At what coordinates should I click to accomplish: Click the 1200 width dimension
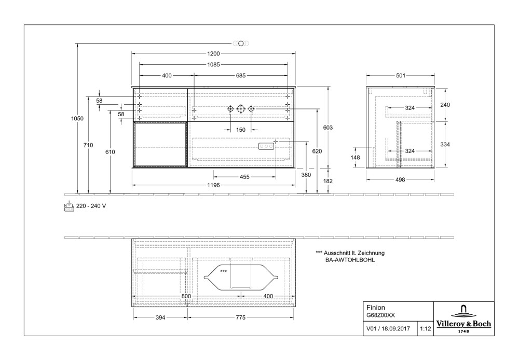click(213, 53)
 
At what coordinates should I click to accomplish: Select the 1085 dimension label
click(213, 65)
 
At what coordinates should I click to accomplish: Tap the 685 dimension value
click(241, 76)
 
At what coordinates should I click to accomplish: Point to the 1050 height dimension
click(77, 118)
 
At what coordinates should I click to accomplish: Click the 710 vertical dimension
click(89, 145)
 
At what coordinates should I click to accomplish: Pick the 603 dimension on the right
click(328, 128)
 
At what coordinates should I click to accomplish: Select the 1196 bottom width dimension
click(213, 185)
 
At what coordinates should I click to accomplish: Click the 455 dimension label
click(245, 177)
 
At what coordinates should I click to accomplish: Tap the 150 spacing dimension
click(241, 130)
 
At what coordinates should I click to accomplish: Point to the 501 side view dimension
click(401, 76)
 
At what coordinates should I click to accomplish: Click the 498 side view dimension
click(401, 180)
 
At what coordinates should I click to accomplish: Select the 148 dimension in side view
click(356, 157)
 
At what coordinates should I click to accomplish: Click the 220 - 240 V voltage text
click(91, 206)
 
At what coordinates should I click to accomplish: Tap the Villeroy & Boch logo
click(463, 320)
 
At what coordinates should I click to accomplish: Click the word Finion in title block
click(376, 307)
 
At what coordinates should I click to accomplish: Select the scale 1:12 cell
click(425, 328)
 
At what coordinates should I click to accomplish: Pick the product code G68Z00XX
click(381, 315)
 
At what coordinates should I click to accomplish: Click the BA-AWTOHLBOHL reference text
click(350, 260)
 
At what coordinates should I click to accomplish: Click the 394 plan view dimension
click(160, 317)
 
